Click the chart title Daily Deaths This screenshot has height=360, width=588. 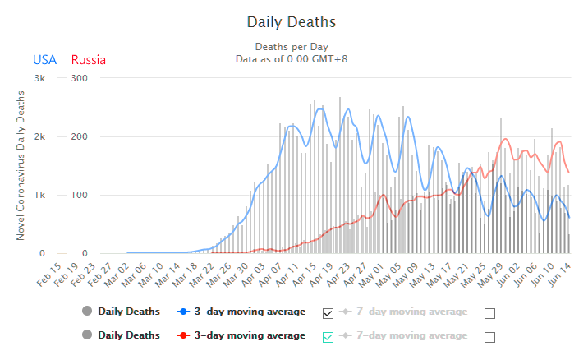[x=291, y=21]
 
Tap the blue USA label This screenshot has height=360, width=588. [x=44, y=59]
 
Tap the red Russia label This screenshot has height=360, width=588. [x=89, y=59]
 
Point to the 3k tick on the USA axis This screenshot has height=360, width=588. [x=39, y=78]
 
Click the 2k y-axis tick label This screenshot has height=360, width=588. [x=39, y=136]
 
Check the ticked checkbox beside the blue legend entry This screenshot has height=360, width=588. [x=328, y=312]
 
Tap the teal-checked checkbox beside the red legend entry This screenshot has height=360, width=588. [x=328, y=336]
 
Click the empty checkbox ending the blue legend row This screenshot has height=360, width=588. [x=490, y=312]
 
